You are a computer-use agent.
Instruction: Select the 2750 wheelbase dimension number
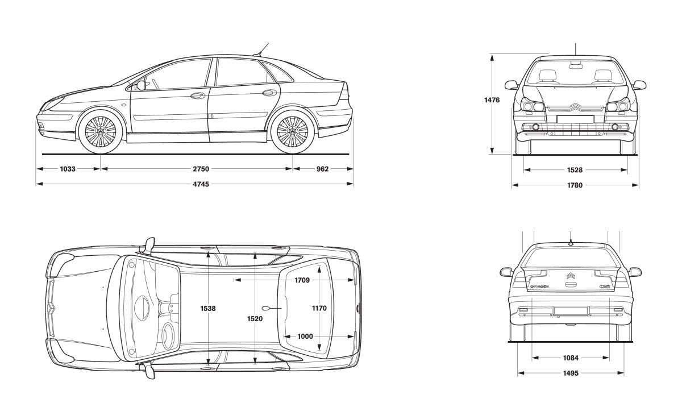click(197, 169)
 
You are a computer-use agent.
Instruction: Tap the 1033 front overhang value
click(68, 169)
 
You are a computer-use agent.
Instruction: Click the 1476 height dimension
click(492, 100)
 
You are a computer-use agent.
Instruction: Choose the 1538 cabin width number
click(208, 309)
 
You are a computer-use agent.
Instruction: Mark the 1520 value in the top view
click(255, 319)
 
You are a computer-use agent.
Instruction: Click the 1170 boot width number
click(319, 309)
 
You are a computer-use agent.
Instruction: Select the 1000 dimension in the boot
click(305, 337)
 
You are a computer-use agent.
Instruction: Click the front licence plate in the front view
click(575, 119)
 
